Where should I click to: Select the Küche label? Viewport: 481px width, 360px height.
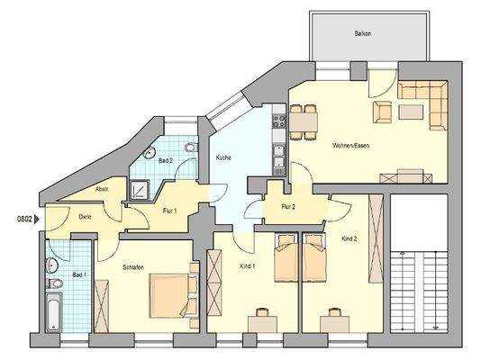pyautogui.click(x=223, y=157)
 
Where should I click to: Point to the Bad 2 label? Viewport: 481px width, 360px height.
pyautogui.click(x=165, y=160)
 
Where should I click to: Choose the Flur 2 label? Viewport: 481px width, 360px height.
pyautogui.click(x=288, y=207)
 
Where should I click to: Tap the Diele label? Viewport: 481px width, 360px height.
pyautogui.click(x=85, y=217)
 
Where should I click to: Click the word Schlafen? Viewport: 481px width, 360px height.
pyautogui.click(x=135, y=267)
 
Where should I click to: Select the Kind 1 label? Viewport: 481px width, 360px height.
pyautogui.click(x=248, y=267)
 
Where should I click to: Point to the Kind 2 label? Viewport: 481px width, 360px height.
pyautogui.click(x=349, y=238)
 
